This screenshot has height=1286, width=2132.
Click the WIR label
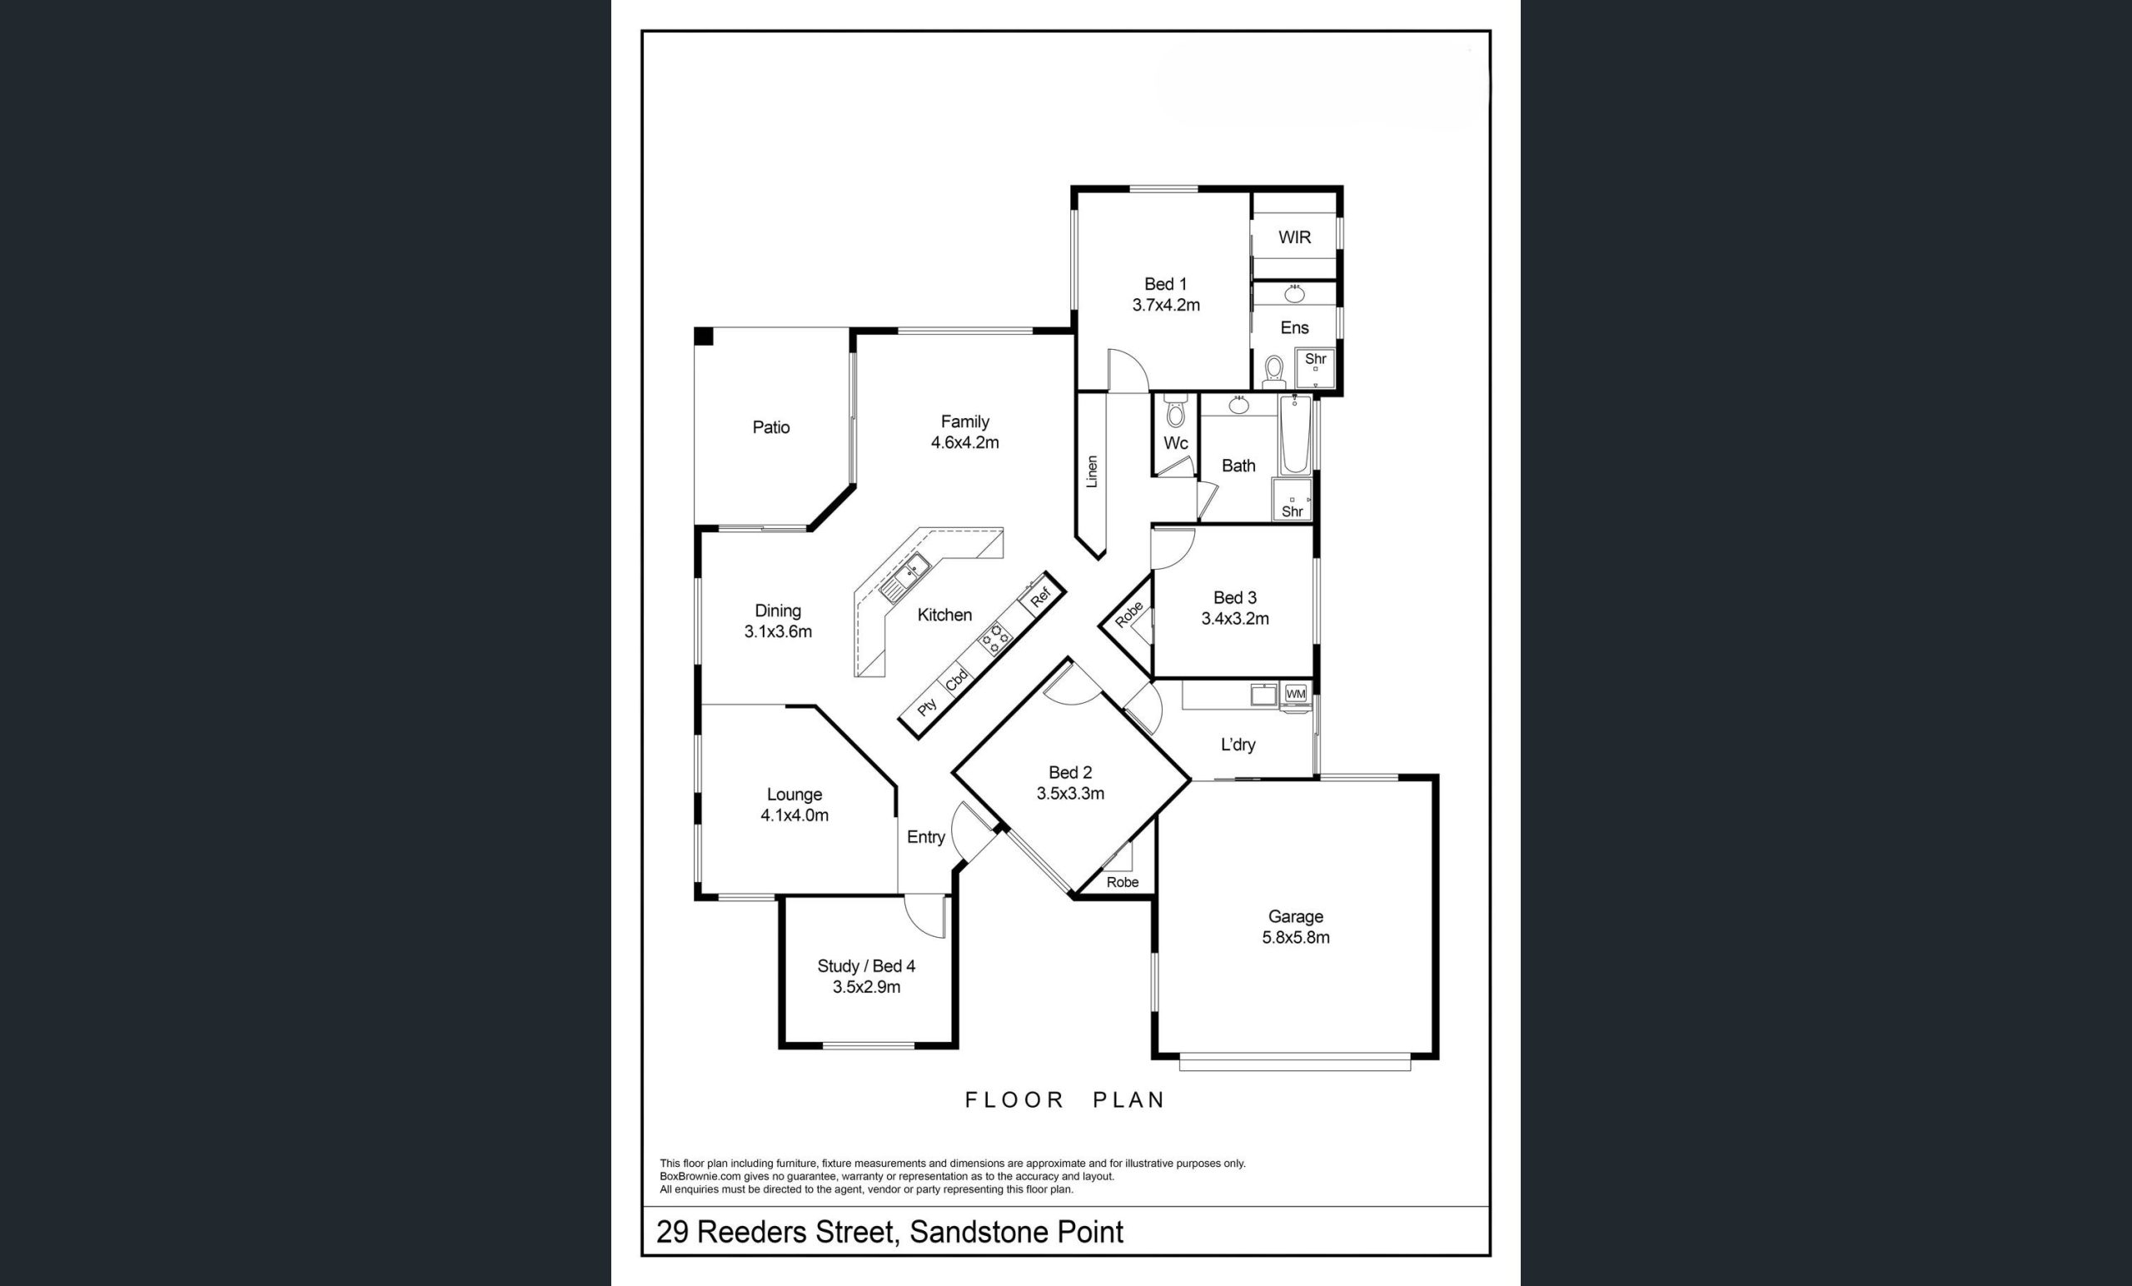[x=1294, y=237]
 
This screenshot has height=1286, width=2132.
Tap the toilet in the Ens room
[x=1273, y=372]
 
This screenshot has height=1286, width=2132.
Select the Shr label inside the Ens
[x=1315, y=358]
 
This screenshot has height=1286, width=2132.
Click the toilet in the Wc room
[x=1175, y=411]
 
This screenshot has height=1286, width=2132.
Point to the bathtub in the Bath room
[x=1295, y=436]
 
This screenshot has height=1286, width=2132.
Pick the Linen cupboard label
[x=1092, y=471]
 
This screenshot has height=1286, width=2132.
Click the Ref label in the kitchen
[x=1041, y=596]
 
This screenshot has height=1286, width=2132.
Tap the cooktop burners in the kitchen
[x=995, y=638]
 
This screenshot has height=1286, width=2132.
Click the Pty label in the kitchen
[x=927, y=707]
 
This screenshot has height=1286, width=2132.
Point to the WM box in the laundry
[x=1295, y=693]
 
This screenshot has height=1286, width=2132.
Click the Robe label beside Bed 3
[x=1128, y=615]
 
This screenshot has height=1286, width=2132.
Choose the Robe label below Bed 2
[x=1123, y=882]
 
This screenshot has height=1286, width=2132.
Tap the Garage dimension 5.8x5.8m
[x=1295, y=936]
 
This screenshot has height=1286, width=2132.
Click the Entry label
[x=926, y=837]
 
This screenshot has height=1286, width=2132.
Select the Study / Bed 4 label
[x=866, y=966]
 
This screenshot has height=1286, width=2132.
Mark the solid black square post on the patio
[x=704, y=336]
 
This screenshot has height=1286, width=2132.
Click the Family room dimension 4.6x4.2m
[x=964, y=442]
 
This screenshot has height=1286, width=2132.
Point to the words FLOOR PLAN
[x=1065, y=1100]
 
